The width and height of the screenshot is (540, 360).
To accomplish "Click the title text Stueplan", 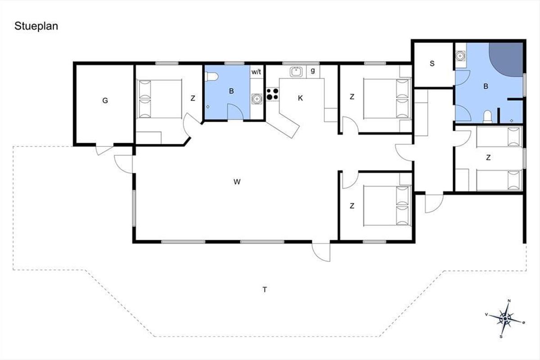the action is [x=36, y=26].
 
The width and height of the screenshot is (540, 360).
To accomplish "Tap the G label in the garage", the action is [x=105, y=100].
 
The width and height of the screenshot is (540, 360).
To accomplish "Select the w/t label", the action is [x=256, y=72].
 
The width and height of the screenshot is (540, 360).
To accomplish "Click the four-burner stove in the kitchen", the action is [x=273, y=94].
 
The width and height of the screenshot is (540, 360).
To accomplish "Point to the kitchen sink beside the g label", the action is [x=296, y=72].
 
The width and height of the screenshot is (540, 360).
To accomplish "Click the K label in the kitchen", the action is [x=300, y=98].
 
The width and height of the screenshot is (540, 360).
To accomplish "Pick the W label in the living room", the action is [x=237, y=182].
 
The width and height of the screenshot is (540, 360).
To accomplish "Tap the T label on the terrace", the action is [x=265, y=289].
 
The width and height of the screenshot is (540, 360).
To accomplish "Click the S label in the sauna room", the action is [x=432, y=63].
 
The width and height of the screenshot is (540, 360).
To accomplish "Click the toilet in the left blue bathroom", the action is [x=211, y=77].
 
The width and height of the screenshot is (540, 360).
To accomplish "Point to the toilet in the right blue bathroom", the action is [x=487, y=117].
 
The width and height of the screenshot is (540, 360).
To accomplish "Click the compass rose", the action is [x=505, y=319].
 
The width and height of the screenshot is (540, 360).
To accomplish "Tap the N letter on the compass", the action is [x=509, y=301].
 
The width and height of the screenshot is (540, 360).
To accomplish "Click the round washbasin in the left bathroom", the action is [x=256, y=99].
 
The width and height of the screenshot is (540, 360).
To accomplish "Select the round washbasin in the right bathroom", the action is [x=460, y=56].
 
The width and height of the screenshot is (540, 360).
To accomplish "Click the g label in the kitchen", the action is [x=313, y=71].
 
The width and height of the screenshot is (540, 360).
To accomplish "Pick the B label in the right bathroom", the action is [x=486, y=86].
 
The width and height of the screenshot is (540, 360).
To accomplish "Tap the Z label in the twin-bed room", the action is [x=488, y=157].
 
